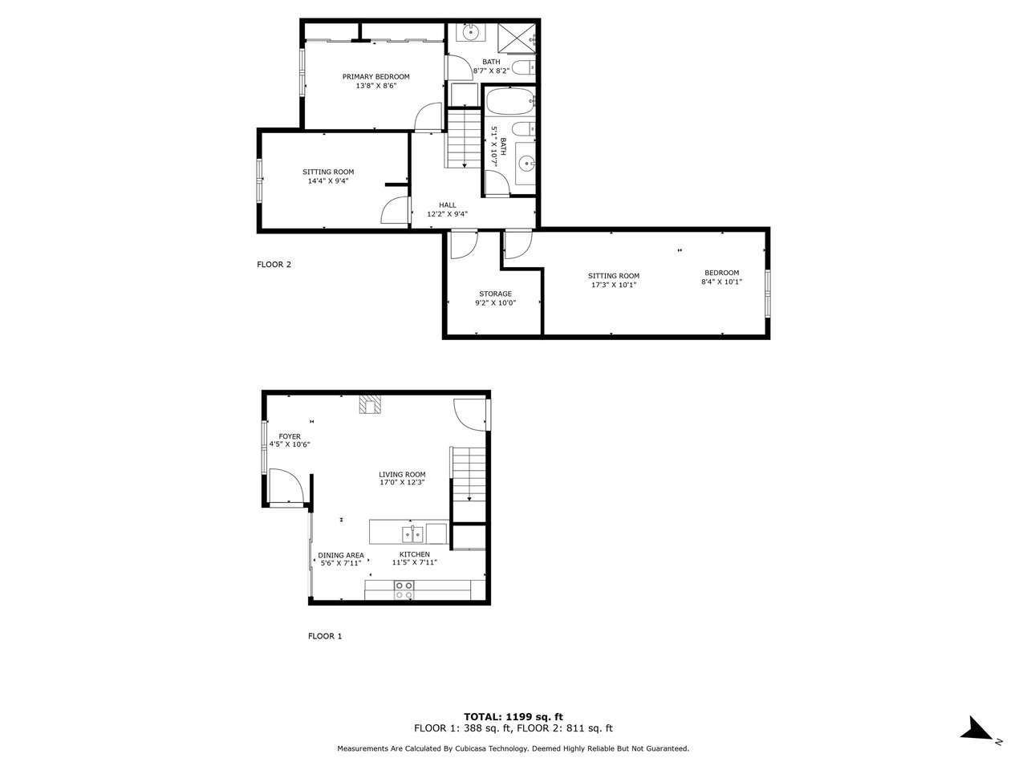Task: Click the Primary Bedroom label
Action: tap(375, 77)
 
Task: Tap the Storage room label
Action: tap(495, 294)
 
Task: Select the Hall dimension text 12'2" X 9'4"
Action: tap(447, 214)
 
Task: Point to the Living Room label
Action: tap(402, 474)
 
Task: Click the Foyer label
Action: tap(290, 436)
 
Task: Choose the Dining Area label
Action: tap(341, 555)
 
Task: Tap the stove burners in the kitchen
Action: tap(404, 590)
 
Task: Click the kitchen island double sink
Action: tap(412, 534)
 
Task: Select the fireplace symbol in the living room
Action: tap(370, 404)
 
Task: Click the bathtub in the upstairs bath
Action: tap(509, 100)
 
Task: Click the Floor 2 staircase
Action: tap(464, 139)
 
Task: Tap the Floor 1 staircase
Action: tap(469, 484)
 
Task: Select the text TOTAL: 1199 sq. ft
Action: tap(513, 717)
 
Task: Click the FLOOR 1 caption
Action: tap(325, 636)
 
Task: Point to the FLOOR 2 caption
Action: tap(274, 264)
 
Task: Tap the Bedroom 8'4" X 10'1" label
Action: tap(721, 278)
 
